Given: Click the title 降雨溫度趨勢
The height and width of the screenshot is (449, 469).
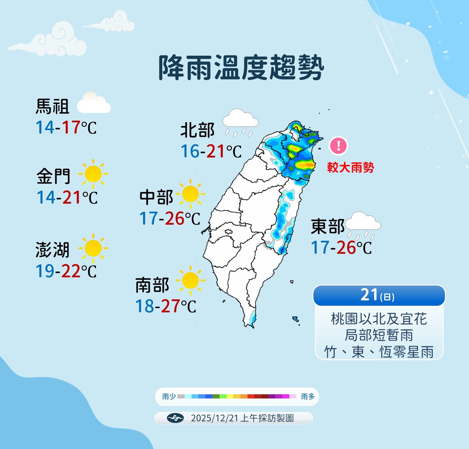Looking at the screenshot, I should tap(241, 68).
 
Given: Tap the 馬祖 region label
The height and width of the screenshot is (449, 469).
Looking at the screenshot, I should tap(52, 107).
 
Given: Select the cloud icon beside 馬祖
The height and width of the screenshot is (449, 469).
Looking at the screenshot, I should tap(94, 103).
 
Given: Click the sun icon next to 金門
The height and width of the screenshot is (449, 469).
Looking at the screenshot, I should tap(93, 174).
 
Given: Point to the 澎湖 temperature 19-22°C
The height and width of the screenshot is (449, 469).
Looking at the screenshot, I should tap(66, 271).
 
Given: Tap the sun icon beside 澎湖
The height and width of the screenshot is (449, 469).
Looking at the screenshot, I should tap(93, 248).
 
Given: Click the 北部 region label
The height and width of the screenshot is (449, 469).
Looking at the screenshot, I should tap(197, 130).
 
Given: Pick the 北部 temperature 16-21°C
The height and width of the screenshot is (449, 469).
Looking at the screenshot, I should tap(211, 151).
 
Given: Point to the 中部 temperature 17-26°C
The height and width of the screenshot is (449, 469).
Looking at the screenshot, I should tap(170, 219).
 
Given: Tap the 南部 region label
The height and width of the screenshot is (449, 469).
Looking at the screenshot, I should tap(152, 285).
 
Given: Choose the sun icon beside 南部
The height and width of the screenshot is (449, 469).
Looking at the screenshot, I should tap(190, 280).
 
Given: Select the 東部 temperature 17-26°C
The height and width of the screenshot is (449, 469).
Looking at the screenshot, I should tap(341, 248).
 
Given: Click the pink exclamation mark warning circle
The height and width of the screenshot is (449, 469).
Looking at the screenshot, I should tap(338, 146).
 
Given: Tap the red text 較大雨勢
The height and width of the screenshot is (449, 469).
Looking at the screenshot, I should tap(350, 167).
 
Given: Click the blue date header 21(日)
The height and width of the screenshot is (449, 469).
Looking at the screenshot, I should tap(379, 295).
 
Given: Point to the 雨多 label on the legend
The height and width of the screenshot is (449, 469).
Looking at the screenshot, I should tap(308, 397).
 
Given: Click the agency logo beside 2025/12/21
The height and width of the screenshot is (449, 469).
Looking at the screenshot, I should tap(175, 418).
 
